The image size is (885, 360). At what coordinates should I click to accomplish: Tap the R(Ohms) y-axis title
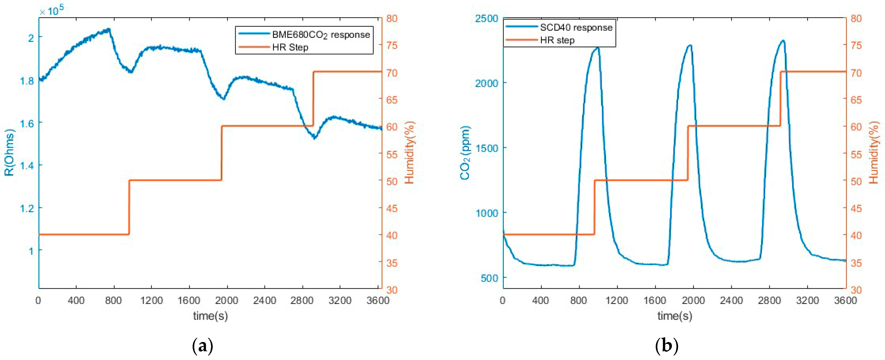point(10,152)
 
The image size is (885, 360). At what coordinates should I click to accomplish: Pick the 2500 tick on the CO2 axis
point(486,18)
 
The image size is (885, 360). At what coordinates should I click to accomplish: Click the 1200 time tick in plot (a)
point(151,301)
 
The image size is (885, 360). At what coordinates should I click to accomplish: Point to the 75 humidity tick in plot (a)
point(392,46)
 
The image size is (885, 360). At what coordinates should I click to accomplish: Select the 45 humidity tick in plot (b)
point(856,209)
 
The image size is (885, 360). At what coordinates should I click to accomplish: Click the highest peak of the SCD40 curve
point(784,41)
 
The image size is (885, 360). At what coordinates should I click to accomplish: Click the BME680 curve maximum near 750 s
point(109,29)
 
